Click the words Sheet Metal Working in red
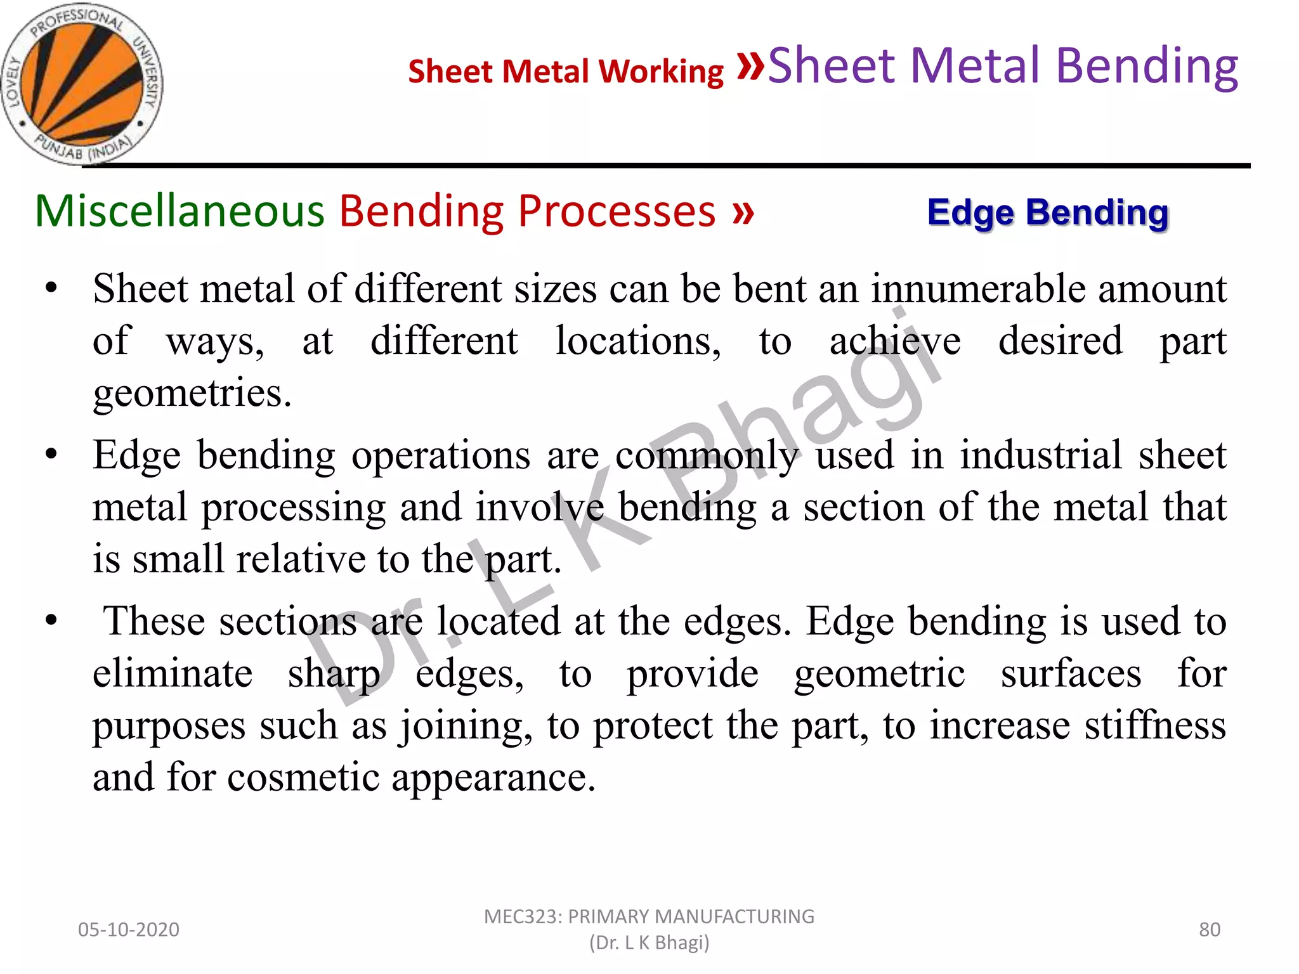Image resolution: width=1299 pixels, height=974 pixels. tap(565, 71)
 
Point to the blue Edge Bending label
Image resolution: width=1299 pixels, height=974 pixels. tap(1047, 212)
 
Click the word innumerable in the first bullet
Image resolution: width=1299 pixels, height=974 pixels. tap(977, 289)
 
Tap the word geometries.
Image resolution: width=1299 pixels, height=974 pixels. tap(192, 393)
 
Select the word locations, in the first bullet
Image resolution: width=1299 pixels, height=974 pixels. tap(638, 341)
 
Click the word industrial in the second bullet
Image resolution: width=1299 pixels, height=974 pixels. tap(1041, 455)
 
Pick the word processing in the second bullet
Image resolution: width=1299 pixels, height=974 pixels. tap(294, 507)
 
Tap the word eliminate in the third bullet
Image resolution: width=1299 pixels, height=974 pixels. tap(173, 673)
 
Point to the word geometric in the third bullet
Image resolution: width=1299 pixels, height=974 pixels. tap(880, 673)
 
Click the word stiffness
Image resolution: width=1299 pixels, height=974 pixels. tap(1155, 725)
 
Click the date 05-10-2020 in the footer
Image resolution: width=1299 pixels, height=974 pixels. tap(129, 930)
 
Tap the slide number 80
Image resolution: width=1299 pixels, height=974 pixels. tap(1210, 930)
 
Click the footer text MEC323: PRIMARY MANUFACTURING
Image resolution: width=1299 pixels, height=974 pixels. tap(649, 917)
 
